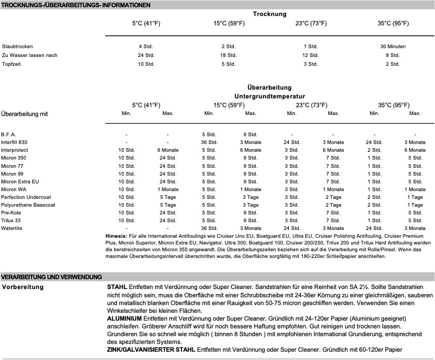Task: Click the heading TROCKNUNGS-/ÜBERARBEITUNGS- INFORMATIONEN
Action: (x=76, y=5)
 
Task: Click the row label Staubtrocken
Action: (x=14, y=47)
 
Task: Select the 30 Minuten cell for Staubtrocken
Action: (x=392, y=47)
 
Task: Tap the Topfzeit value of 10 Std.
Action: (x=146, y=64)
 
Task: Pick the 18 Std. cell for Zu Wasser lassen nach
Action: (x=228, y=55)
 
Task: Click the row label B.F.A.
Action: (x=9, y=135)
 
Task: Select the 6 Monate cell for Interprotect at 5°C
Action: (x=167, y=150)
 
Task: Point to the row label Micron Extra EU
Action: (x=20, y=181)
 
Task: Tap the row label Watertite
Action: (x=11, y=228)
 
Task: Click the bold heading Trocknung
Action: (x=270, y=14)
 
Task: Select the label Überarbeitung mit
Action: (x=25, y=113)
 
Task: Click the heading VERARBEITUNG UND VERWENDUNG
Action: (x=51, y=277)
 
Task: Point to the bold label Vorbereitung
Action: (x=23, y=286)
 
